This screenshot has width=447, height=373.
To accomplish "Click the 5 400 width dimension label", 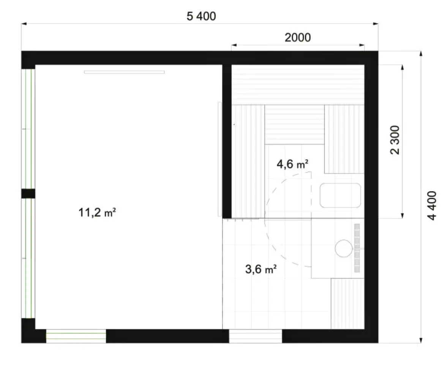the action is tap(201, 16).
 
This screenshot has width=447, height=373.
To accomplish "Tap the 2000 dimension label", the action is tap(298, 37).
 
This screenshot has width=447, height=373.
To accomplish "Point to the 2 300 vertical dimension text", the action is tap(395, 140).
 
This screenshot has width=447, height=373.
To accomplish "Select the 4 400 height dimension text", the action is tap(432, 205).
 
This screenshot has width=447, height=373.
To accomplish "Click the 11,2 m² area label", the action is tap(97, 213).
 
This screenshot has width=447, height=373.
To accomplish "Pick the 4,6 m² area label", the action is tap(292, 164).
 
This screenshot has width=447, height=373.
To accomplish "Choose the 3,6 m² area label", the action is tap(261, 269).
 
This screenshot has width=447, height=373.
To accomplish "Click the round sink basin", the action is tap(344, 248).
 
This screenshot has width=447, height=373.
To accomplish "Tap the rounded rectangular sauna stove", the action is tap(340, 195).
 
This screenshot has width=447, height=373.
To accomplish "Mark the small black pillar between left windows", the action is tap(28, 194).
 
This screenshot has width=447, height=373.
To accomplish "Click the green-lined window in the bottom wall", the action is tap(76, 336).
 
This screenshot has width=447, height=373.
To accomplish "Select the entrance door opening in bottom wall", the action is tap(256, 336).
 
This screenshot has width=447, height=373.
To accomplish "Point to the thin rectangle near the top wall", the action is tap(124, 72).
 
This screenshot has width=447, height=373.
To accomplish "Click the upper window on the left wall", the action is tap(28, 129).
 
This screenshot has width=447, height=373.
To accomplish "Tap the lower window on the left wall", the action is tap(28, 258).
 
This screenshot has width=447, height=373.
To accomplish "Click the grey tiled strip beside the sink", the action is tap(357, 248).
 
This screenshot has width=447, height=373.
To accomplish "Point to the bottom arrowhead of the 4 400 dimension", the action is tap(421, 340).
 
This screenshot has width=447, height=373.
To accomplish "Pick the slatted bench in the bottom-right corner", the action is tap(347, 304).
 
